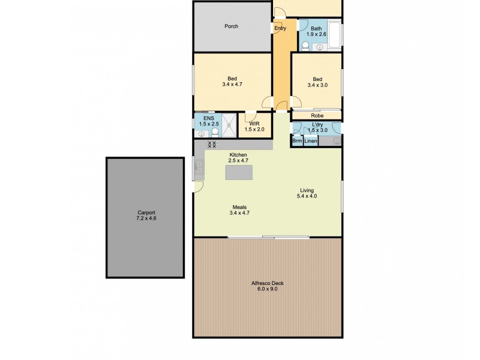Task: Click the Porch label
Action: pos(232,26)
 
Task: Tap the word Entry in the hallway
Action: pos(280,28)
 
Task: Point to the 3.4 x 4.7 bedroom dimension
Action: pos(232,85)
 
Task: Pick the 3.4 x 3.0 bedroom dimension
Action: pos(317,86)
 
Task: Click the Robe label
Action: pos(317,116)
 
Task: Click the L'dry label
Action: pos(316,124)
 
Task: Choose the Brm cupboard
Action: pos(297,141)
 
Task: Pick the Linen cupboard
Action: pos(311,141)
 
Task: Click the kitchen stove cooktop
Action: pos(211,145)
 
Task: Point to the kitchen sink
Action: pos(199,167)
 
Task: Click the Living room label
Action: pos(307,191)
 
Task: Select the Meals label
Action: pos(239,206)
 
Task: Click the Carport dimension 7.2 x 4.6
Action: pos(146,218)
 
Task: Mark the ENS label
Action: pos(208,119)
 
